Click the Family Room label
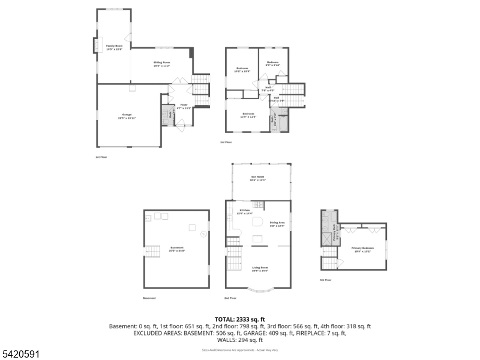115,47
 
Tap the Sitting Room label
162,63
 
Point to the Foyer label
184,106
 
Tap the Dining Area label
277,224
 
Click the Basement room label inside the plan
177,248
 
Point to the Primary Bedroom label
363,249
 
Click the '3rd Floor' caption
226,142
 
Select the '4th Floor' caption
326,280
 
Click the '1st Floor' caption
101,157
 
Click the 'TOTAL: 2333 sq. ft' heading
239,319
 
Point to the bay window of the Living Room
260,291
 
